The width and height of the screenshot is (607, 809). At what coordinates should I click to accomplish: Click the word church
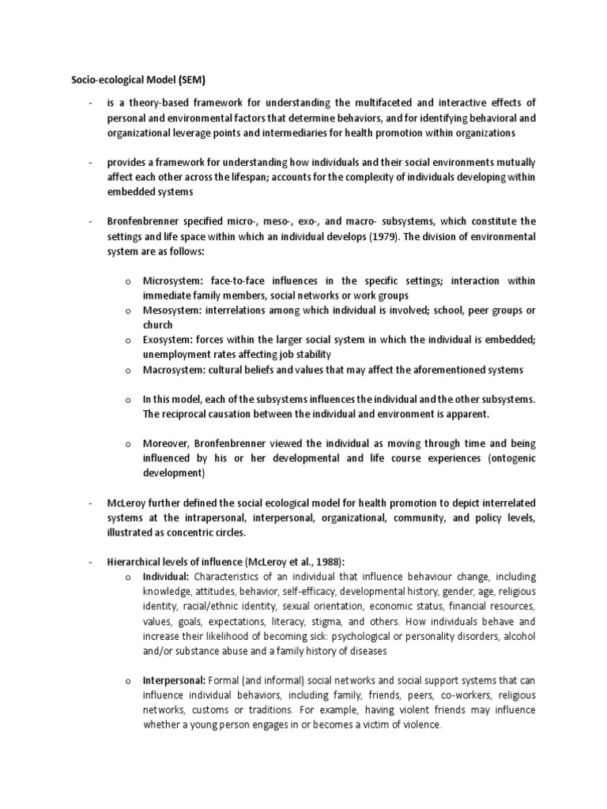click(x=157, y=325)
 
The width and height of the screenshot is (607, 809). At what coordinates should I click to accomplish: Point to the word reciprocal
click(x=188, y=414)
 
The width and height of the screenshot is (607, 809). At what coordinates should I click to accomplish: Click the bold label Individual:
click(x=165, y=577)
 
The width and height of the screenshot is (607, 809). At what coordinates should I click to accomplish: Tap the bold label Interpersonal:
click(x=174, y=681)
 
